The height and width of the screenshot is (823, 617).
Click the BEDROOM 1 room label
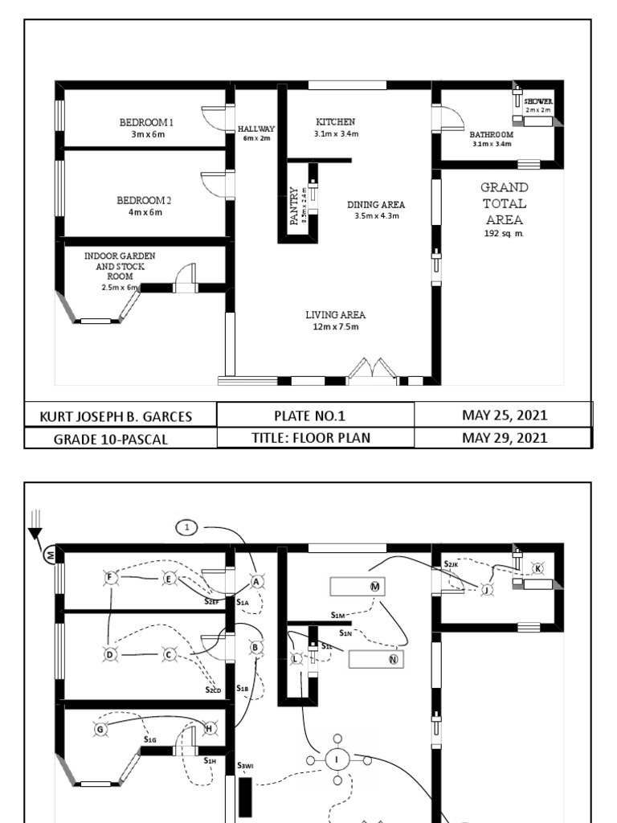click(x=147, y=122)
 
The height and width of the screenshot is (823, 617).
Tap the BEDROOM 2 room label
click(x=145, y=200)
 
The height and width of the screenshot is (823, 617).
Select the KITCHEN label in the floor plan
click(x=336, y=122)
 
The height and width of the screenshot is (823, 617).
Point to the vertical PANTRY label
click(x=294, y=207)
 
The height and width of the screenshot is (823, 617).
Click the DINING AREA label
click(x=376, y=205)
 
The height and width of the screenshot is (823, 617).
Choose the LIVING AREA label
click(x=336, y=315)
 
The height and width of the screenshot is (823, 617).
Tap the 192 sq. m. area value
click(x=505, y=233)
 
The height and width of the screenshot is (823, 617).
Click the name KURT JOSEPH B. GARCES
click(x=121, y=416)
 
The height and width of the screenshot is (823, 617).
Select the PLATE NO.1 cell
click(x=316, y=416)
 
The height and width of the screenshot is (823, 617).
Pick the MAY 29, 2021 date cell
click(x=505, y=438)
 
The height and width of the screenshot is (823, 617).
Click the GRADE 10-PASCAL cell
click(x=111, y=439)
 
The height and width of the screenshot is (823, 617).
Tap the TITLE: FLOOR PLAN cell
click(x=316, y=438)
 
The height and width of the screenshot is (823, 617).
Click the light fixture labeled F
click(x=111, y=577)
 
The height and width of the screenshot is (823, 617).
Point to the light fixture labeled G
click(x=100, y=729)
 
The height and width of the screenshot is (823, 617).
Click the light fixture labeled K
click(x=538, y=568)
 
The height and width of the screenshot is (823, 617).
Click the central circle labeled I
click(x=337, y=758)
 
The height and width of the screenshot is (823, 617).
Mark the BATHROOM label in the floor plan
click(x=492, y=134)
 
